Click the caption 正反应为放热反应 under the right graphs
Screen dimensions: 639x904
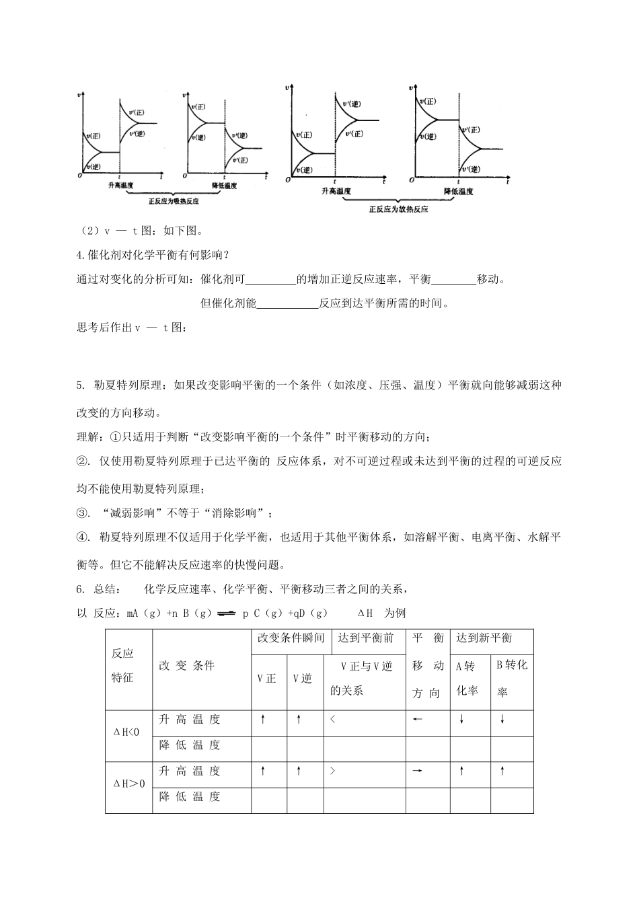(399, 209)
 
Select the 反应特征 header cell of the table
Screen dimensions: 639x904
(123, 665)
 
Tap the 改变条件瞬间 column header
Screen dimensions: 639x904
(291, 638)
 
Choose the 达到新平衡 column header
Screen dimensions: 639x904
(484, 638)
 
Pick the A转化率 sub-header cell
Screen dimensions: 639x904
(467, 678)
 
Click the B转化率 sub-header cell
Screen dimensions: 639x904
(512, 677)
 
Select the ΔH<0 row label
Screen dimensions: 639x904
(126, 732)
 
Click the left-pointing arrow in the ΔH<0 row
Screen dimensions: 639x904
(417, 719)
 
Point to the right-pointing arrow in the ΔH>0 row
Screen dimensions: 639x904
(417, 771)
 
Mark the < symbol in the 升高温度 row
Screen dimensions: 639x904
(332, 719)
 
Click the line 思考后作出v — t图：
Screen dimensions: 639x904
(130, 328)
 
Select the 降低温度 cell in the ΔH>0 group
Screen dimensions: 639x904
(190, 797)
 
